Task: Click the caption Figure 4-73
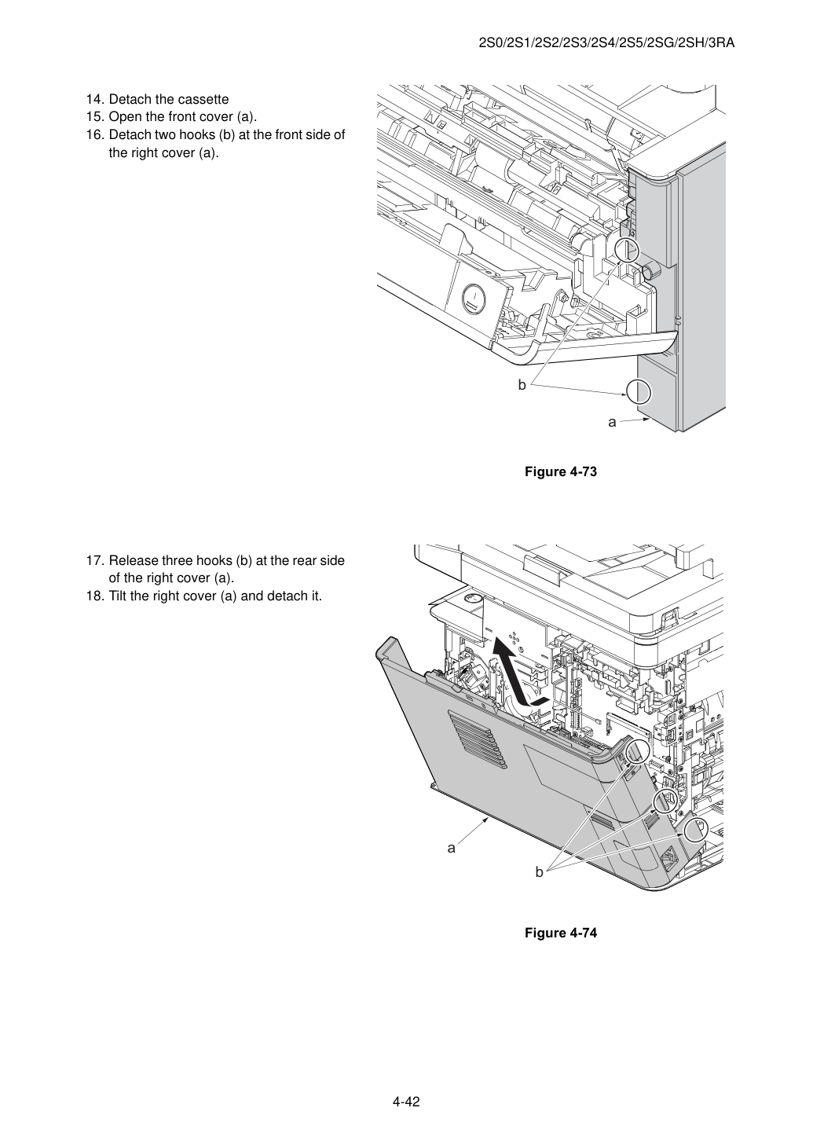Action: coord(560,471)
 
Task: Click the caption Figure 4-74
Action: coord(560,933)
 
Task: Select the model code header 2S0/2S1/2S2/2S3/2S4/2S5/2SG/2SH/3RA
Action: coord(606,43)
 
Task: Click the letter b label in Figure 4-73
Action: coord(522,384)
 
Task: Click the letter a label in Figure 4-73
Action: coord(612,422)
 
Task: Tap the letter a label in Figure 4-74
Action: coord(451,848)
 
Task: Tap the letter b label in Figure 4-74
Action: coord(539,871)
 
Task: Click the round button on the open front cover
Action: coord(474,298)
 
